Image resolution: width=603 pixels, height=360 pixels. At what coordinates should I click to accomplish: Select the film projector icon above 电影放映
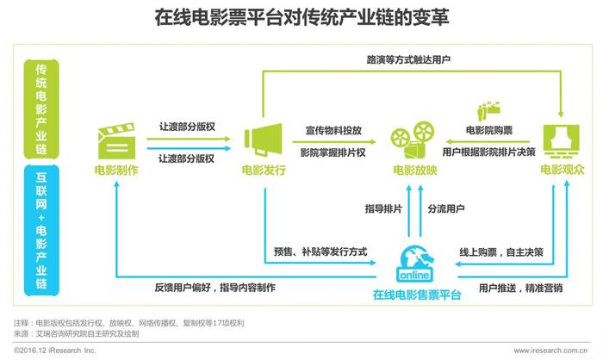[x=413, y=140]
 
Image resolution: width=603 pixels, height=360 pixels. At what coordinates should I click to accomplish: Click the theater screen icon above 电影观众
[x=561, y=141]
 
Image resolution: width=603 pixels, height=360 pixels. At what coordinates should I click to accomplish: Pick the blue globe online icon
[x=415, y=264]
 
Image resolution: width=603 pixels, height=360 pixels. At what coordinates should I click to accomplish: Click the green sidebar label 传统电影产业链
[x=41, y=109]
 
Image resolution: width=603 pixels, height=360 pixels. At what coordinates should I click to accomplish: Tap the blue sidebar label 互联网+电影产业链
[x=41, y=230]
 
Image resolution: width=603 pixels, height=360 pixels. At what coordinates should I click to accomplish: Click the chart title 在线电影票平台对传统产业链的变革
[x=301, y=17]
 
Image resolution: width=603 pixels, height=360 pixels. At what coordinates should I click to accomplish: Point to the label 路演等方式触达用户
[x=408, y=59]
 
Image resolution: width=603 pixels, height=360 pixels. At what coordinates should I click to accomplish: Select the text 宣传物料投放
[x=333, y=131]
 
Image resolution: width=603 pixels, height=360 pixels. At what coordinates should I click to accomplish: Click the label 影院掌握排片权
[x=333, y=152]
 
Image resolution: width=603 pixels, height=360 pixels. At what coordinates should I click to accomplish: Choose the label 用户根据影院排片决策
[x=488, y=152]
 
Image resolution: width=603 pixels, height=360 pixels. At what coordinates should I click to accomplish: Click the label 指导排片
[x=383, y=208]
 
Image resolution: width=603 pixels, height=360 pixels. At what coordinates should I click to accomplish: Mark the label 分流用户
[x=446, y=208]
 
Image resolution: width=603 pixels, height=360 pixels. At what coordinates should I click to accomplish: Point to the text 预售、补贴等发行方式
[x=320, y=252]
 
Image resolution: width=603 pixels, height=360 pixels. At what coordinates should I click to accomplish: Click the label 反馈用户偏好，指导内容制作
[x=215, y=288]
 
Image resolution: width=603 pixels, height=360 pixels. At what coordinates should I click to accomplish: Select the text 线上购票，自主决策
[x=501, y=252]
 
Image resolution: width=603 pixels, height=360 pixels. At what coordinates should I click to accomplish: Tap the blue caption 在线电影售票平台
[x=417, y=295]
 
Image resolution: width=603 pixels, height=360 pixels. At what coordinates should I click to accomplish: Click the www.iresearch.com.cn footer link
[x=550, y=351]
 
